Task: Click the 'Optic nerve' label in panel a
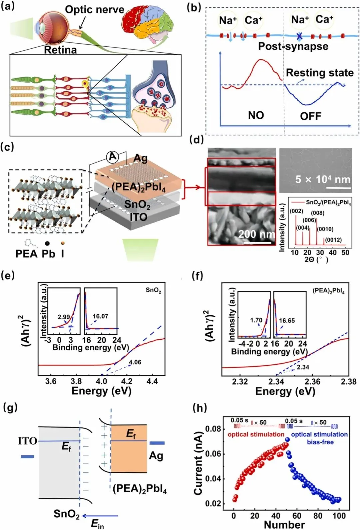94,10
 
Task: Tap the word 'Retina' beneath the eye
60,50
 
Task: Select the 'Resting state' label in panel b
319,73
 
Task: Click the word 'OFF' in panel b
310,116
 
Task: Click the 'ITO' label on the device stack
138,217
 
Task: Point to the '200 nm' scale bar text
256,234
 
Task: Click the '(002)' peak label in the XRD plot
296,211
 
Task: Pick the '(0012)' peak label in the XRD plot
333,240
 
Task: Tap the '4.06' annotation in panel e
135,362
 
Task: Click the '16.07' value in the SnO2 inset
100,316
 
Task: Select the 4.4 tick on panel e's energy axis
152,381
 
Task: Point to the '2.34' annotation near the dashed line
303,367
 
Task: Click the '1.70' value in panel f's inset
256,320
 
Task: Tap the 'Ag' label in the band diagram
156,455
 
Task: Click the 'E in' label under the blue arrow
97,524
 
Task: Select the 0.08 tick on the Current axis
213,429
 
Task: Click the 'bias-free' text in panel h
320,442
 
